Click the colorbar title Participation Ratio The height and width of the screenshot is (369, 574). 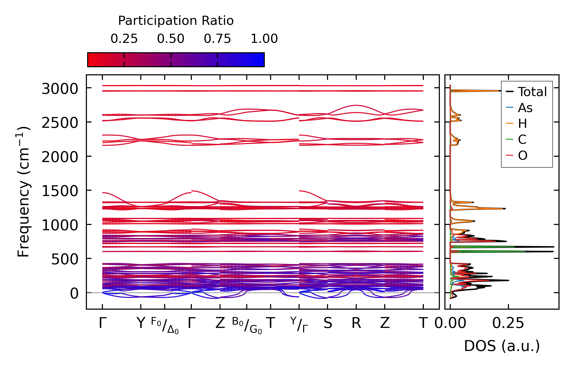176,21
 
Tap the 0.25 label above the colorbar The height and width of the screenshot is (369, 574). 124,39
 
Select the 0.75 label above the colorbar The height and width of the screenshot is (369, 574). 217,39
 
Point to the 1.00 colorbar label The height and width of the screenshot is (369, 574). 264,39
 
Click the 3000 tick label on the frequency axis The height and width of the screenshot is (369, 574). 60,89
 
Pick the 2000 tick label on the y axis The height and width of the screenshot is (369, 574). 60,157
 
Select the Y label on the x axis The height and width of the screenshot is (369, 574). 141,323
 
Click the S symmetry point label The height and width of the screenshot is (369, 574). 328,323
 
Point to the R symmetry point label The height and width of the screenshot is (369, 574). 356,323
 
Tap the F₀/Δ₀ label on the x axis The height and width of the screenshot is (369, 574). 165,325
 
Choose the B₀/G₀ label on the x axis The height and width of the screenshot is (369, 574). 247,325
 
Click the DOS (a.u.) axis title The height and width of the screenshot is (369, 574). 502,346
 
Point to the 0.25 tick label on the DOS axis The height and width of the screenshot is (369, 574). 508,323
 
